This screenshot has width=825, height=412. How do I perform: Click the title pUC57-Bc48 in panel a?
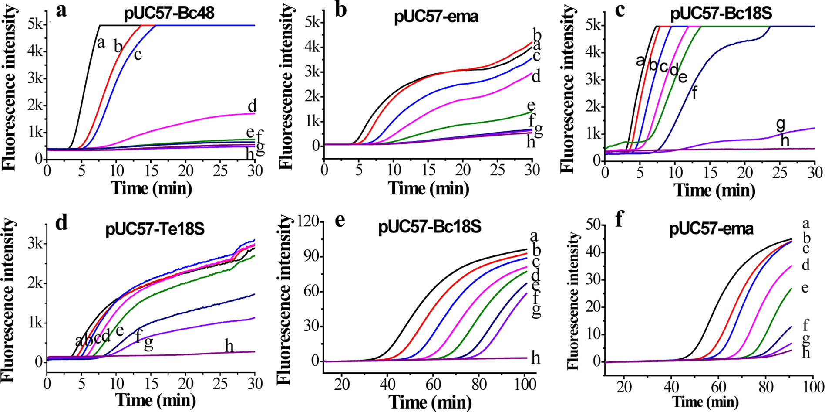tap(169, 14)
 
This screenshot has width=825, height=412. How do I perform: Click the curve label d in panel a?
tap(252, 106)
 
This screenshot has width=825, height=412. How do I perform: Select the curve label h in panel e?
tap(535, 358)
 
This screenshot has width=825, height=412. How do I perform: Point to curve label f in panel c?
tap(694, 93)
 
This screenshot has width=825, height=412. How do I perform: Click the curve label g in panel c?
tap(781, 125)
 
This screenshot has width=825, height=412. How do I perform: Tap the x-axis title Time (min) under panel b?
tap(428, 188)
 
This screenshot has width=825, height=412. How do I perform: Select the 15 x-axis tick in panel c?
tap(710, 173)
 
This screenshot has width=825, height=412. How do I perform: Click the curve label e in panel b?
tap(531, 106)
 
